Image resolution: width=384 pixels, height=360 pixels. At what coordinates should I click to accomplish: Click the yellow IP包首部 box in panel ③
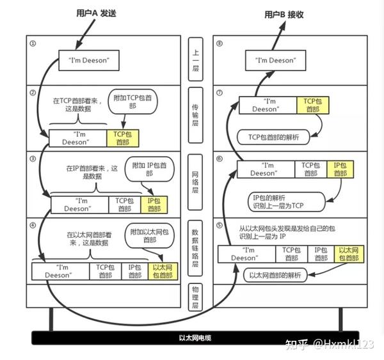point(154,204)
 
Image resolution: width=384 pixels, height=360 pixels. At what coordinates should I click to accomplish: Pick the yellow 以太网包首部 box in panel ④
point(163,270)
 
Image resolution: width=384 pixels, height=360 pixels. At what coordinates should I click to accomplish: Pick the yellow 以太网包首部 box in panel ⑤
point(349,254)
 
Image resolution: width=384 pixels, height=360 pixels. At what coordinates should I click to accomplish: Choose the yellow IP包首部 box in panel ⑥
point(340,169)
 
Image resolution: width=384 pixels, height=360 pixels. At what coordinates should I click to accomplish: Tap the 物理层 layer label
point(196,297)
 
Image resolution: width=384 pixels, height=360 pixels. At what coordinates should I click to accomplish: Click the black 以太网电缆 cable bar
point(191,338)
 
